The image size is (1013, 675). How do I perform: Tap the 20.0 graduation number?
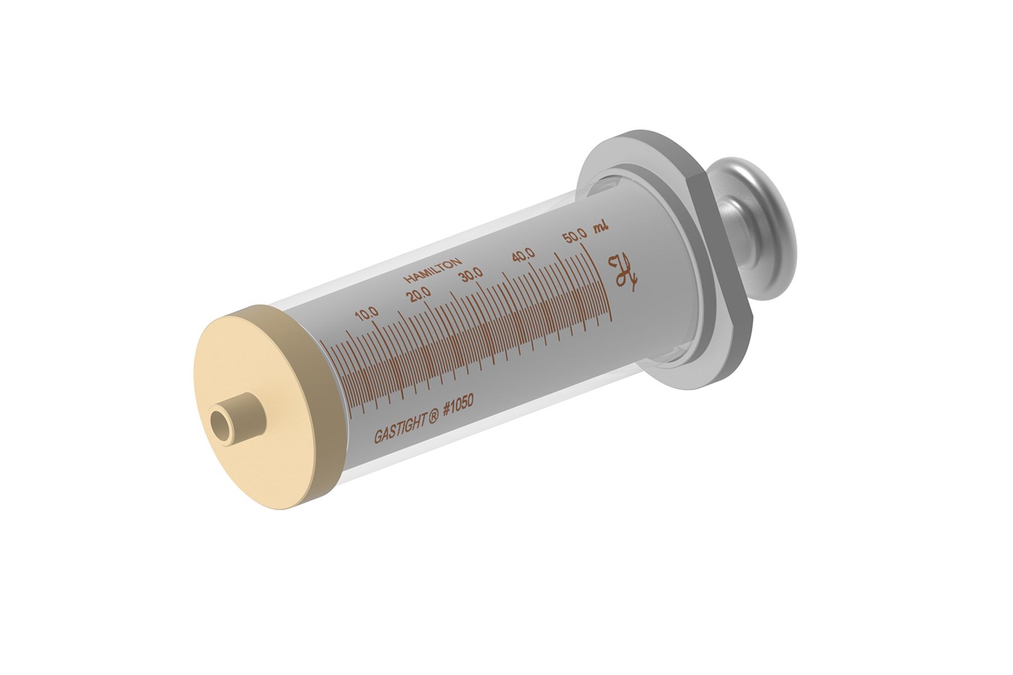click(x=420, y=294)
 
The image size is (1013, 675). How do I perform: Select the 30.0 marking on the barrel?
click(x=471, y=274)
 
